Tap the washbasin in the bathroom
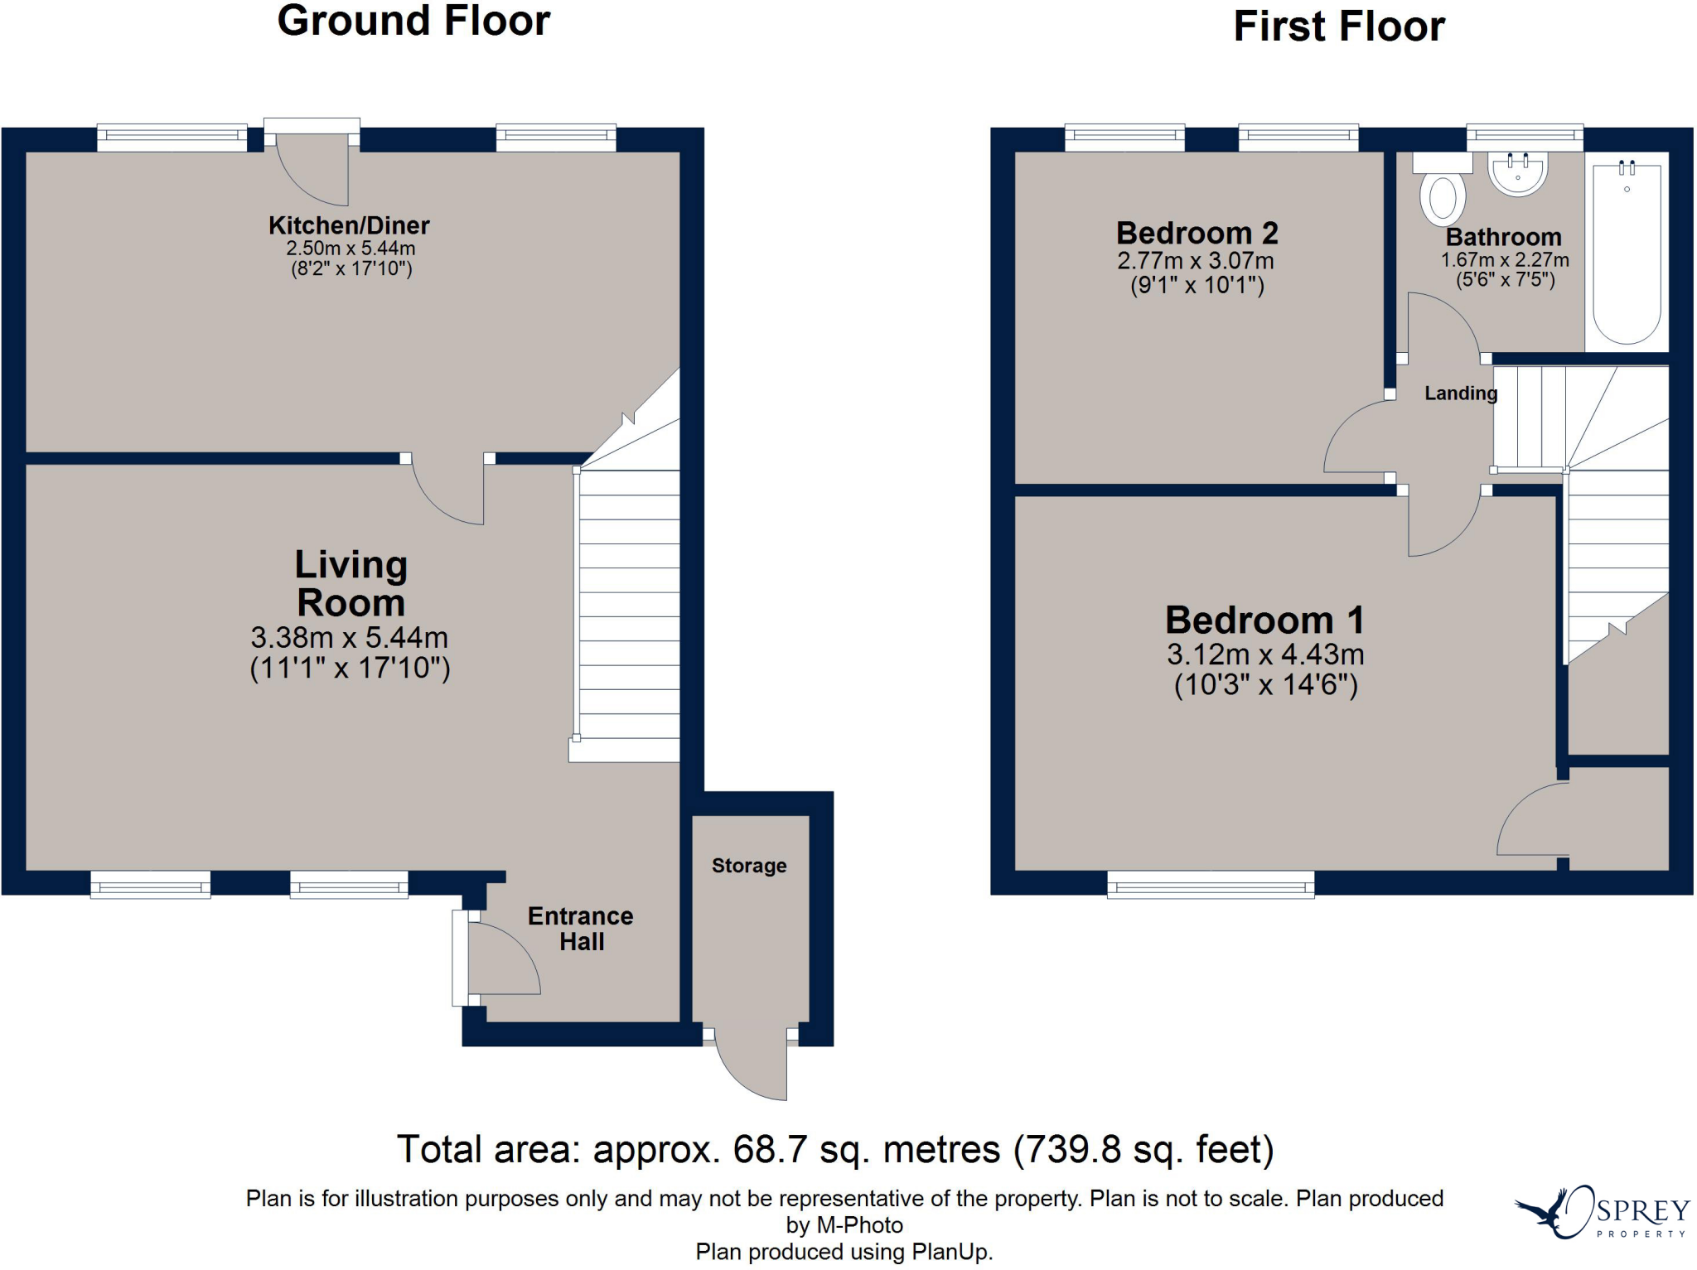pos(1518,174)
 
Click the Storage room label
pos(749,866)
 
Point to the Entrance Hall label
pos(581,929)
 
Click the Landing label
pos(1461,394)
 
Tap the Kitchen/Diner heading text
pos(349,225)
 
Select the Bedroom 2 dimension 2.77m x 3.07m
pos(1196,261)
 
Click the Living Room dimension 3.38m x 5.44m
pos(350,638)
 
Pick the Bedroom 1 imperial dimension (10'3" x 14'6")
pos(1266,685)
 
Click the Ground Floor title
pos(413,21)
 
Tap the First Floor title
pos(1339,26)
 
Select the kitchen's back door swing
pos(312,170)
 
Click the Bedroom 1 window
pos(1211,884)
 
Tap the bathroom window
pos(1525,138)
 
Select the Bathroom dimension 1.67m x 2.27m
pos(1505,260)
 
